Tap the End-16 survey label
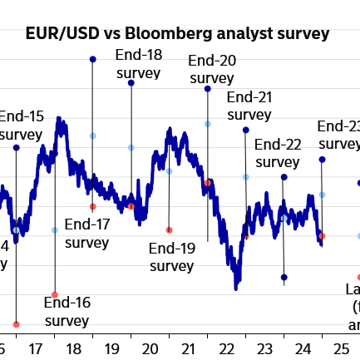point(67,311)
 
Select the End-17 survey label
point(87,233)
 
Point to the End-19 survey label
point(172,256)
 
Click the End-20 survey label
point(212,69)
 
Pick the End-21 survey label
point(249,106)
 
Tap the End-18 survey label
point(139,64)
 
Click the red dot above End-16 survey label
point(55,295)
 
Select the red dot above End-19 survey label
point(169,230)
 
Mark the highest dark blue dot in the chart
point(92,59)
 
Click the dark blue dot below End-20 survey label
point(207,88)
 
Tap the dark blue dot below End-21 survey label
point(245,130)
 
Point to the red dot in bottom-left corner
point(16,324)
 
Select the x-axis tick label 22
point(227,348)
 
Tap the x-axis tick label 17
point(35,348)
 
